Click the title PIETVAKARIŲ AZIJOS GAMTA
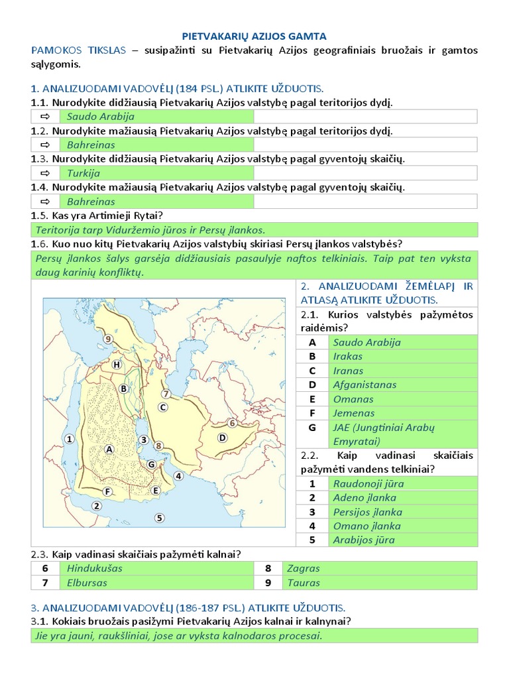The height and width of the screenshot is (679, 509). (254, 36)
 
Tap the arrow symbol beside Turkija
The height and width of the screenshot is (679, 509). (45, 173)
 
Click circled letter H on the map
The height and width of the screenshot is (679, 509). (117, 364)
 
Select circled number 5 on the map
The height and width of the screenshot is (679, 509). (158, 518)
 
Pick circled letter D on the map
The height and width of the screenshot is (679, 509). (222, 438)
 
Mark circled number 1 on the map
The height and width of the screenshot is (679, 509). (70, 438)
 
